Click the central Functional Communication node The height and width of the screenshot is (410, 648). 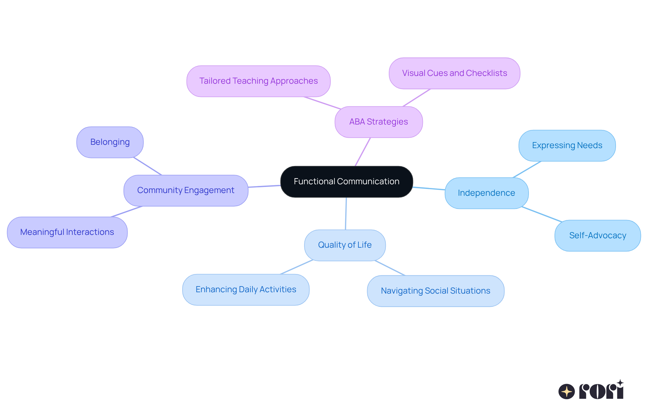click(x=346, y=182)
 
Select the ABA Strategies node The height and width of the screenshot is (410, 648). click(x=378, y=122)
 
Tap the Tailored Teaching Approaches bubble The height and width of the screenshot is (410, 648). click(x=258, y=81)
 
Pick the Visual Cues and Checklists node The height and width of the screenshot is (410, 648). click(x=454, y=73)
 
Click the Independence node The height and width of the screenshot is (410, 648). click(x=486, y=193)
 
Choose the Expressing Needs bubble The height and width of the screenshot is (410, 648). click(x=567, y=145)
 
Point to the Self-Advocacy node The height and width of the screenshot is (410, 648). click(x=597, y=236)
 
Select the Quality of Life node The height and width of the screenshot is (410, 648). click(x=345, y=245)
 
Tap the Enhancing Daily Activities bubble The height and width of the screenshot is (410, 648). click(x=246, y=290)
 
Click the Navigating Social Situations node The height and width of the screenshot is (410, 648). click(x=435, y=291)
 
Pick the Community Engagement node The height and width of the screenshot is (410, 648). click(x=186, y=190)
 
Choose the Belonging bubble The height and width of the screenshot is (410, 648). click(x=110, y=142)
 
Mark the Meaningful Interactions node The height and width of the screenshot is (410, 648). click(x=67, y=232)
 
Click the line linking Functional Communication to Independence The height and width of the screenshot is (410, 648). click(x=429, y=188)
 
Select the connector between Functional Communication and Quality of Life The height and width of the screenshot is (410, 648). click(x=346, y=214)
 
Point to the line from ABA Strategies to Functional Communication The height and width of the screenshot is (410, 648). click(x=363, y=152)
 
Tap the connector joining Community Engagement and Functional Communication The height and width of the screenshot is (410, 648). click(x=264, y=186)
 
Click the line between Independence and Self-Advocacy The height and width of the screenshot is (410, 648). click(x=542, y=214)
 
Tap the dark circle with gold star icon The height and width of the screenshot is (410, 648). click(x=566, y=391)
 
